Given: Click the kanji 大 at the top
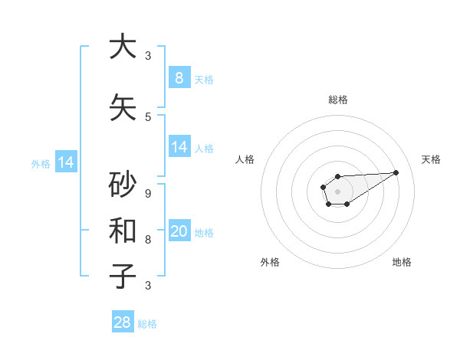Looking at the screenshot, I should pyautogui.click(x=123, y=47).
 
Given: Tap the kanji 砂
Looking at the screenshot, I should pyautogui.click(x=123, y=185).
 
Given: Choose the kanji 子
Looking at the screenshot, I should pyautogui.click(x=123, y=276).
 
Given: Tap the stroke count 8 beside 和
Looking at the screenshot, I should pyautogui.click(x=148, y=239).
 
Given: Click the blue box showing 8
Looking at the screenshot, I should pyautogui.click(x=179, y=77).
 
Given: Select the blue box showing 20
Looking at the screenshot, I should pyautogui.click(x=179, y=231).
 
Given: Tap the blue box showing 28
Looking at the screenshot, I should pyautogui.click(x=123, y=322).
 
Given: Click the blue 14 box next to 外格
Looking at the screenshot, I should pyautogui.click(x=65, y=162).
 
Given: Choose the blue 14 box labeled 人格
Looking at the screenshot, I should pyautogui.click(x=179, y=147).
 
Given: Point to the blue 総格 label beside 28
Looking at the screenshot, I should pyautogui.click(x=147, y=324).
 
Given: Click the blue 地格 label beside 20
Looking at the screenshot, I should pyautogui.click(x=204, y=232).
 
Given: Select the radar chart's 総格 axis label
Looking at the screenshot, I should pyautogui.click(x=337, y=100).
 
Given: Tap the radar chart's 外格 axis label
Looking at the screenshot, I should pyautogui.click(x=270, y=262).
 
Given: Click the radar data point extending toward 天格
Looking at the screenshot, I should pyautogui.click(x=396, y=172).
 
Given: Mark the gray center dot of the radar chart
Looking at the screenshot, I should pyautogui.click(x=337, y=190).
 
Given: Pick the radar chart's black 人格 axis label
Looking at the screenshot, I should pyautogui.click(x=245, y=159).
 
